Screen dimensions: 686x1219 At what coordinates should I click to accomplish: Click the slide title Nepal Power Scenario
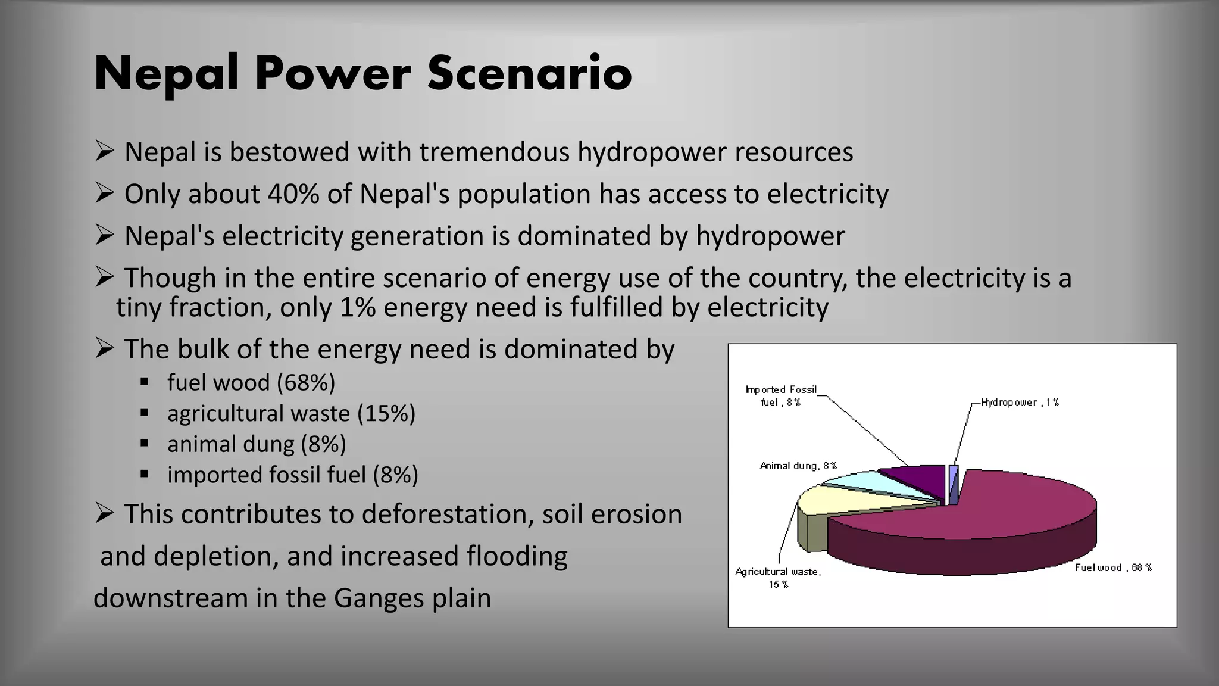click(x=362, y=73)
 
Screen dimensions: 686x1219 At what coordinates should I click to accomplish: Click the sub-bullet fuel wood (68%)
click(x=251, y=382)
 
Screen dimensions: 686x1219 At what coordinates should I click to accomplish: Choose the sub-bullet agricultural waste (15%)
click(x=291, y=413)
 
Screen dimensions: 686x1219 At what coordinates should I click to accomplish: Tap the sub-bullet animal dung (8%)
click(x=257, y=444)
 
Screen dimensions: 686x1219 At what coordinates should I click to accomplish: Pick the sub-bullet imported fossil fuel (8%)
click(x=292, y=475)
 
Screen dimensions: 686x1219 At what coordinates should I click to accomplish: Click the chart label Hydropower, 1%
click(x=1020, y=403)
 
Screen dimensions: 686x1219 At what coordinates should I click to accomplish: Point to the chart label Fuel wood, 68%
click(x=1113, y=567)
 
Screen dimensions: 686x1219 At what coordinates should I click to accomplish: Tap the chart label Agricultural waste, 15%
click(x=778, y=578)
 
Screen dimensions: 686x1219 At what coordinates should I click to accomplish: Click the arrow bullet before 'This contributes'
click(x=104, y=513)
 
